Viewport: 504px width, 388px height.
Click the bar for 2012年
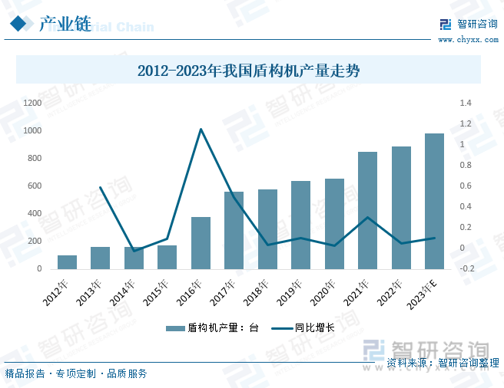[x=68, y=262]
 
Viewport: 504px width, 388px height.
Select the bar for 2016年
[x=201, y=243]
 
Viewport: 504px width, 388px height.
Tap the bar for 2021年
[x=367, y=210]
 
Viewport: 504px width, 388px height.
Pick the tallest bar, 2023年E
[x=434, y=201]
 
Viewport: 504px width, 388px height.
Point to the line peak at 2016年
[x=201, y=129]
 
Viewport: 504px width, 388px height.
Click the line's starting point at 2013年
[x=101, y=187]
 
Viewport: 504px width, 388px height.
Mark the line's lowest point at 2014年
[x=134, y=251]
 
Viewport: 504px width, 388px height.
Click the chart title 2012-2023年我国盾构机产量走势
[x=248, y=71]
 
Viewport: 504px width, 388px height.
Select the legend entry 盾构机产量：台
[x=212, y=328]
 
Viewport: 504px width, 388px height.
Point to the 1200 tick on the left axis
[x=32, y=103]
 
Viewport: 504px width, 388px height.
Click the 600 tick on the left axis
[x=35, y=186]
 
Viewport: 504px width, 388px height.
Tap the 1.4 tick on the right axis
[x=466, y=103]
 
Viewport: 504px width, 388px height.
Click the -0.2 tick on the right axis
[x=467, y=269]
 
